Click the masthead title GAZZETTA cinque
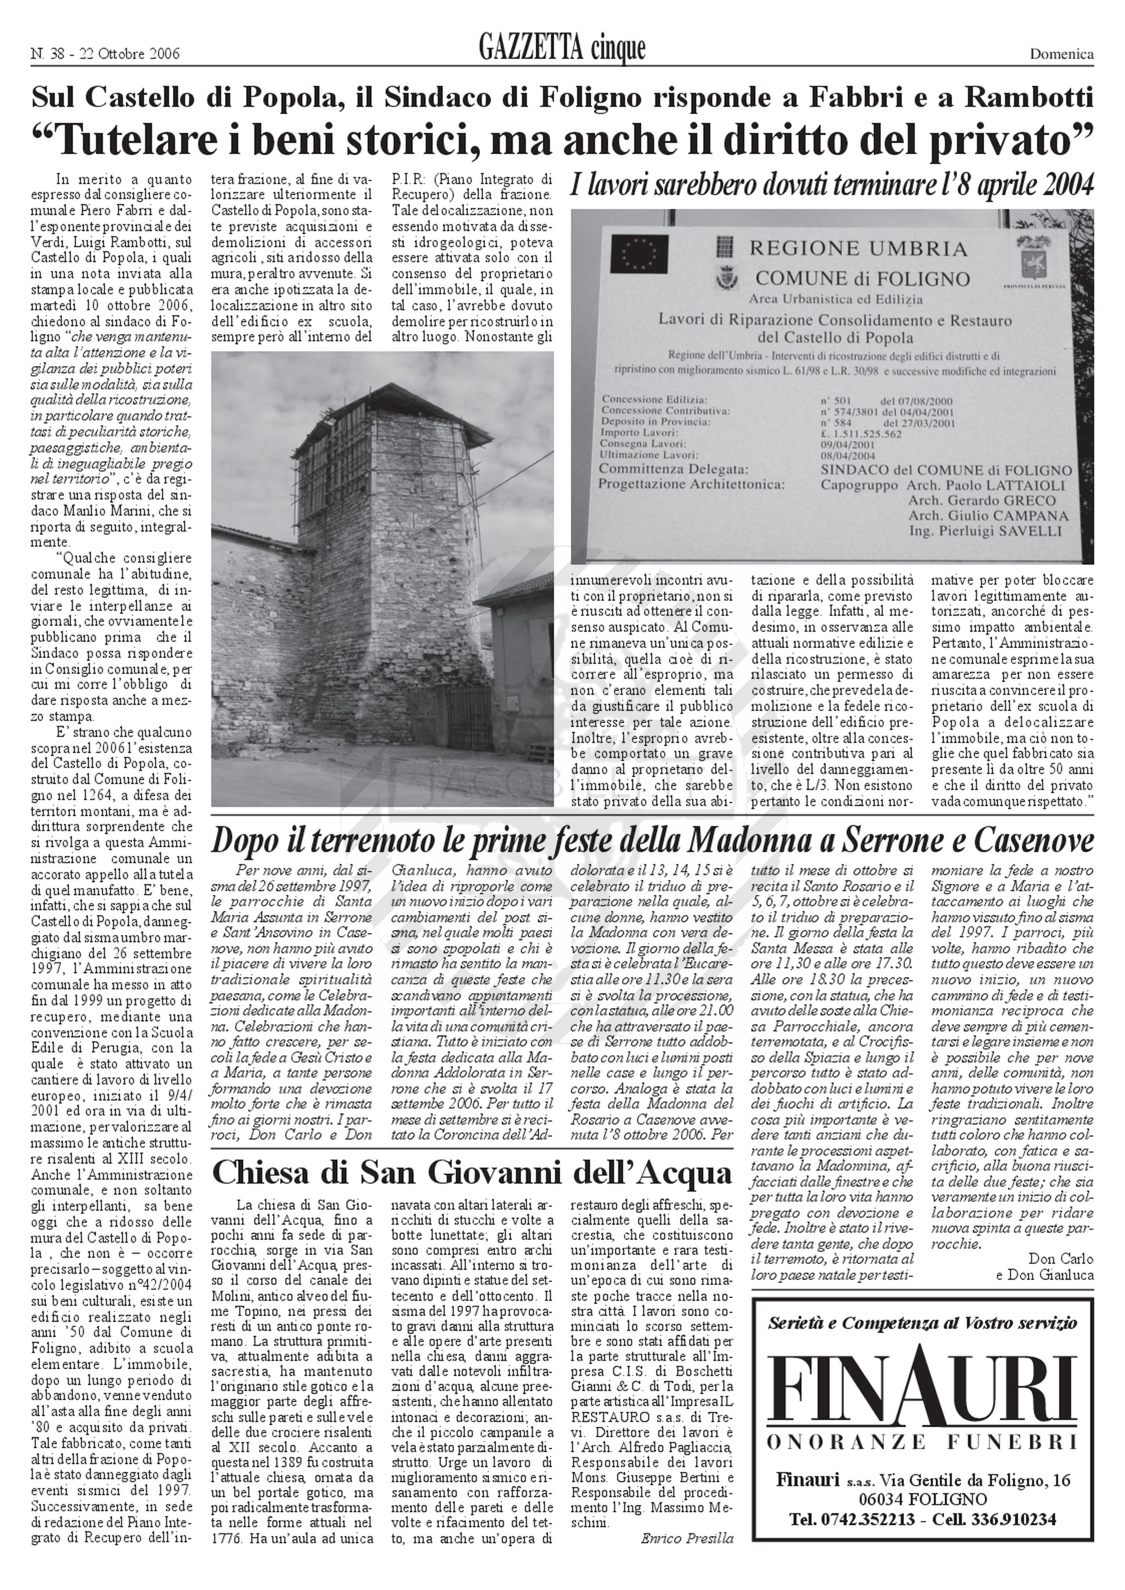coord(562,49)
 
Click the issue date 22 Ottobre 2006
coord(130,54)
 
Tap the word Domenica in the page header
coord(1061,54)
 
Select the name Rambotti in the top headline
coord(1030,99)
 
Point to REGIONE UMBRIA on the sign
coord(849,247)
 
